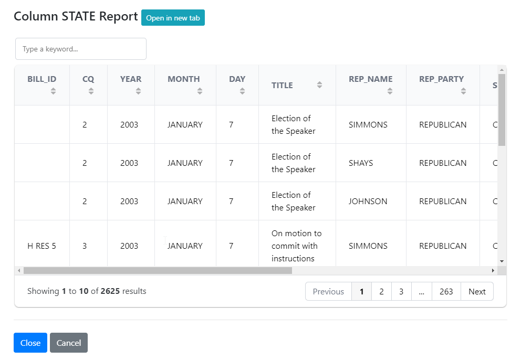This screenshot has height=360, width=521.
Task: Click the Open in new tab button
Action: tap(173, 18)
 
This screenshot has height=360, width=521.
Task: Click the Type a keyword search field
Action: tap(81, 49)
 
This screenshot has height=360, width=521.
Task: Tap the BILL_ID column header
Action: tap(42, 79)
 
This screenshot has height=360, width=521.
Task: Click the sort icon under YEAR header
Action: tap(138, 91)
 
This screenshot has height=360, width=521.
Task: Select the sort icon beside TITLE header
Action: tap(319, 85)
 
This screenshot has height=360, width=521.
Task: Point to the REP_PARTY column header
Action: tap(442, 79)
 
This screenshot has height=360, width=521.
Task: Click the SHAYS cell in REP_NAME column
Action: tap(361, 163)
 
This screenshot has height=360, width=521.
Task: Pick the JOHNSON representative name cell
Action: tap(368, 201)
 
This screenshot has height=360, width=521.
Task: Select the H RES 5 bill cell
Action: tap(41, 246)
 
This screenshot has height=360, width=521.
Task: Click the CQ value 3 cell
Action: tap(85, 246)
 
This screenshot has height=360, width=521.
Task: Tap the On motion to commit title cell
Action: tap(297, 246)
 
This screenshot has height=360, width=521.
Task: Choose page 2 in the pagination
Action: tap(382, 291)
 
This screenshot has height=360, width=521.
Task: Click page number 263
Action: tap(446, 291)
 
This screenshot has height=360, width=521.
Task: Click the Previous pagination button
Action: tap(328, 291)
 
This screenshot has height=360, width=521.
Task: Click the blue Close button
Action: tap(30, 343)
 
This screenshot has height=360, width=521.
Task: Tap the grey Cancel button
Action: tap(69, 343)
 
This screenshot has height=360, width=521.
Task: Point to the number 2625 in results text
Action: tap(110, 291)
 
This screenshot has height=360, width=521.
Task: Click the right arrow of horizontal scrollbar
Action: tap(493, 271)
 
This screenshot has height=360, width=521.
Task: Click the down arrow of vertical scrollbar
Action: tap(502, 261)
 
